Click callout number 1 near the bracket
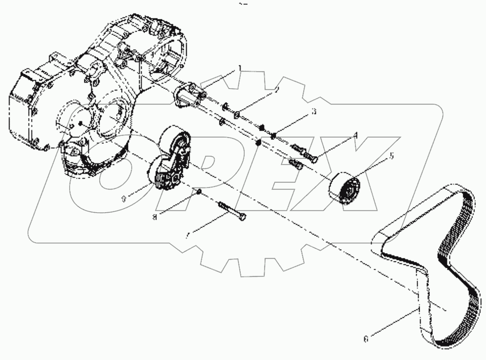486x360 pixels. pyautogui.click(x=240, y=68)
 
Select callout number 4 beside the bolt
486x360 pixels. pyautogui.click(x=356, y=137)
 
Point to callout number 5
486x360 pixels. pyautogui.click(x=392, y=156)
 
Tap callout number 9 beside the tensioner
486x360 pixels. pyautogui.click(x=124, y=199)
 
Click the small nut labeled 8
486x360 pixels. pyautogui.click(x=199, y=192)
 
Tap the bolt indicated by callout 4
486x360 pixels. pyautogui.click(x=305, y=154)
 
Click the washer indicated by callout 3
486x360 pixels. pyautogui.click(x=273, y=135)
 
